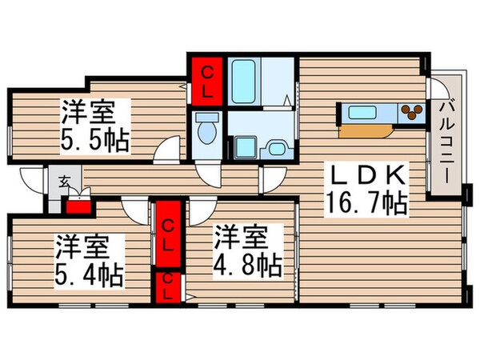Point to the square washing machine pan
pos(243,148)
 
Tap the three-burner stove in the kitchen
pos(411,113)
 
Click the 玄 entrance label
pos(63,180)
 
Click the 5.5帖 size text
pos(94,139)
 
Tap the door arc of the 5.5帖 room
pos(170,150)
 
